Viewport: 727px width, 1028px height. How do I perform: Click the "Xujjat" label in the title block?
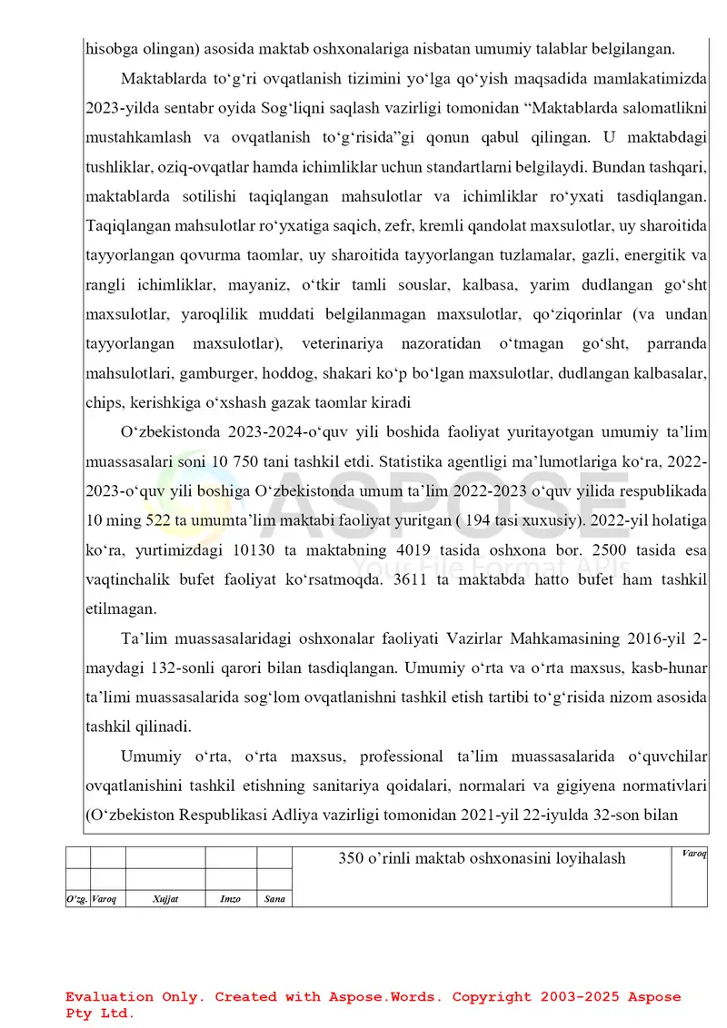click(165, 898)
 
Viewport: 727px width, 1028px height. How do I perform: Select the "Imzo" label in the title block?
click(231, 898)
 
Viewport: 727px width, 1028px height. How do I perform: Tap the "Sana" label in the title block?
click(274, 898)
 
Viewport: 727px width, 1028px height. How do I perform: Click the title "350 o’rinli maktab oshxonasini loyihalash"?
click(482, 858)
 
